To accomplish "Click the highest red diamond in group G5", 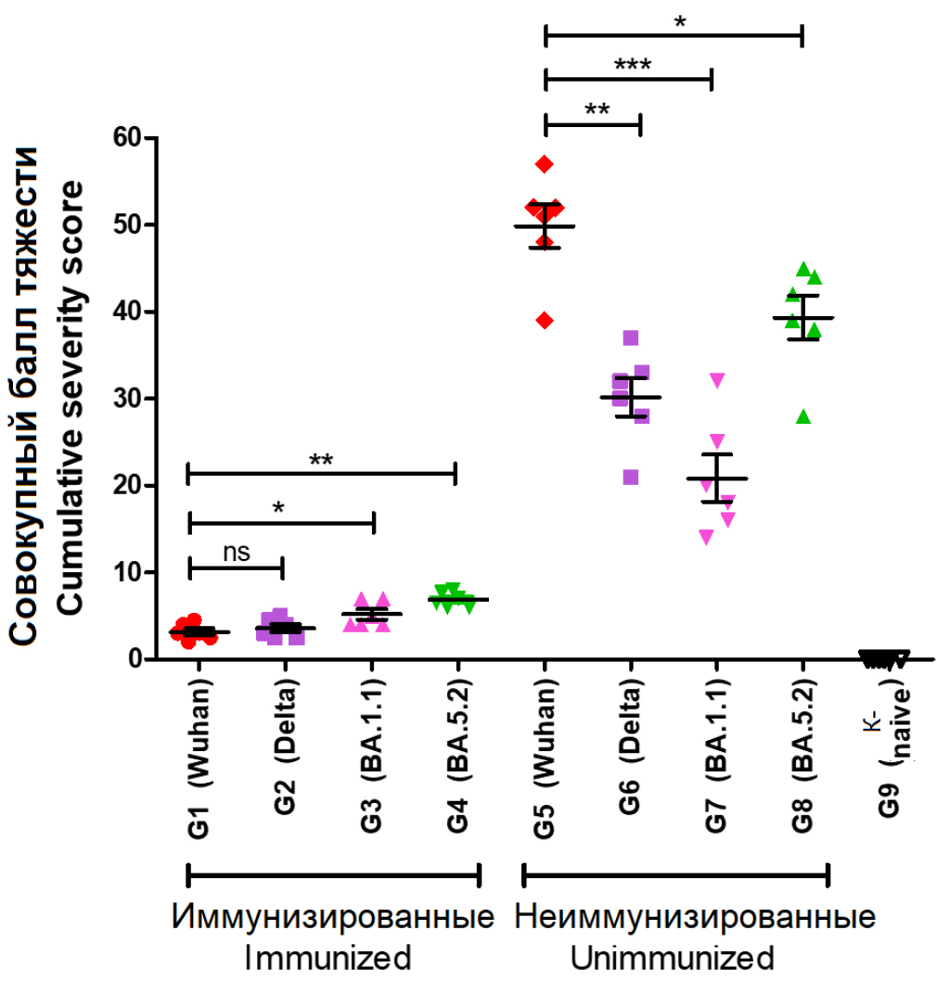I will [x=545, y=164].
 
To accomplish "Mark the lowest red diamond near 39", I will [x=545, y=321].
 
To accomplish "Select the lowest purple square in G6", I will [x=631, y=477].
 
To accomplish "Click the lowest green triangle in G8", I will [x=804, y=416].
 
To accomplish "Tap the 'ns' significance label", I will [x=237, y=552].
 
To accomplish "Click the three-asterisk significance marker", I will [x=633, y=65].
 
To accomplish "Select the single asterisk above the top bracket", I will [x=680, y=21].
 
